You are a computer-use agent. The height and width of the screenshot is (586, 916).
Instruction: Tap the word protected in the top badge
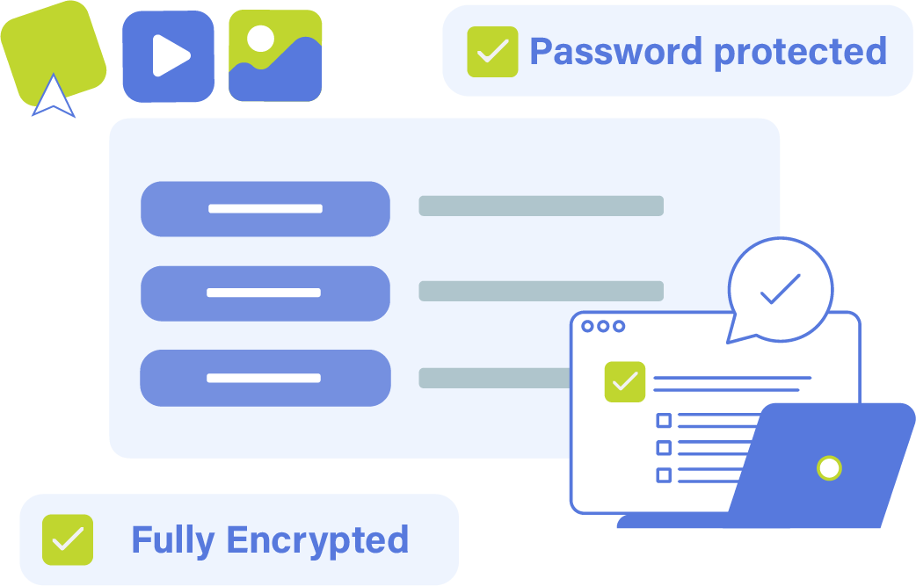[800, 52]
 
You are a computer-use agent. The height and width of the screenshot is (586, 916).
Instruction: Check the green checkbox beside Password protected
[492, 52]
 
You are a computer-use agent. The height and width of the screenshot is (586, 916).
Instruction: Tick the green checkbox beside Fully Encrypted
[68, 539]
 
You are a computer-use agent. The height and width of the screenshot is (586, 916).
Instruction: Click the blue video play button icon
[168, 56]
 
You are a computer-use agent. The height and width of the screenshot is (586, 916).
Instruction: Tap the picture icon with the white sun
[275, 55]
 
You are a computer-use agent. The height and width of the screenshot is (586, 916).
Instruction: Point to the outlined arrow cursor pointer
[54, 97]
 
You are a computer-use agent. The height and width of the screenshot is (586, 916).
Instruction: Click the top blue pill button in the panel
[265, 209]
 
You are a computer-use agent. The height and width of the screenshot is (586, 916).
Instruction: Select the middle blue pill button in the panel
[265, 293]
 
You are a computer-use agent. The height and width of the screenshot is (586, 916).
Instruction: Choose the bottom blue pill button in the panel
[265, 378]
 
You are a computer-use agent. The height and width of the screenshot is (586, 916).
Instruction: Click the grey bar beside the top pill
[541, 206]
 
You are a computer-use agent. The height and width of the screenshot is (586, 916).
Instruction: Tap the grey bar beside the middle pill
[541, 291]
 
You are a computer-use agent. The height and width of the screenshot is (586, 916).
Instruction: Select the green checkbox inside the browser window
[625, 382]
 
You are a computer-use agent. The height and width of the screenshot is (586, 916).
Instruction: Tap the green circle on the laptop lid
[828, 467]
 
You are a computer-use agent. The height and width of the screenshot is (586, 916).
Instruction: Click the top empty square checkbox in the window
[664, 421]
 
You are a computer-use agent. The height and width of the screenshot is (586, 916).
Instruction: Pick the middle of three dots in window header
[602, 326]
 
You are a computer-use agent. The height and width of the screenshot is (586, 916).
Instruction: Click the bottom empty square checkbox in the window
[664, 475]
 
